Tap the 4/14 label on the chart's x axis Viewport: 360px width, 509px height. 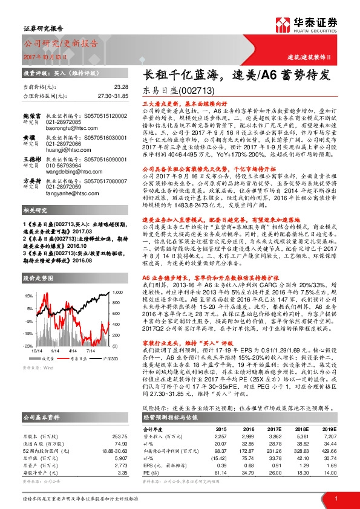pos(73,349)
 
